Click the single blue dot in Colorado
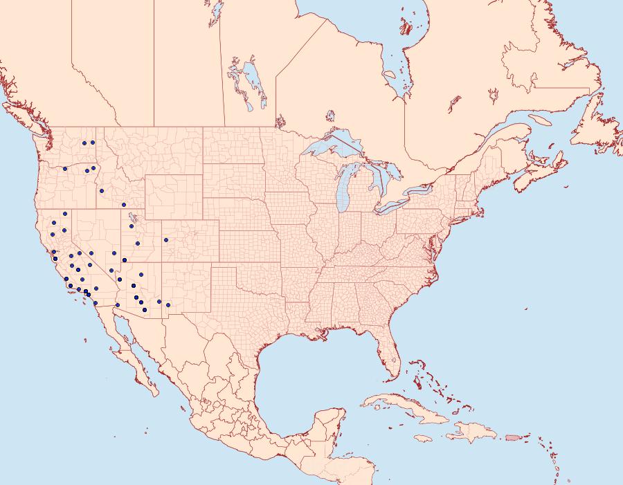166,240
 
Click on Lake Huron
379,174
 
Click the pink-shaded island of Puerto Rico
512,437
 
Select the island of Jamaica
424,439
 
